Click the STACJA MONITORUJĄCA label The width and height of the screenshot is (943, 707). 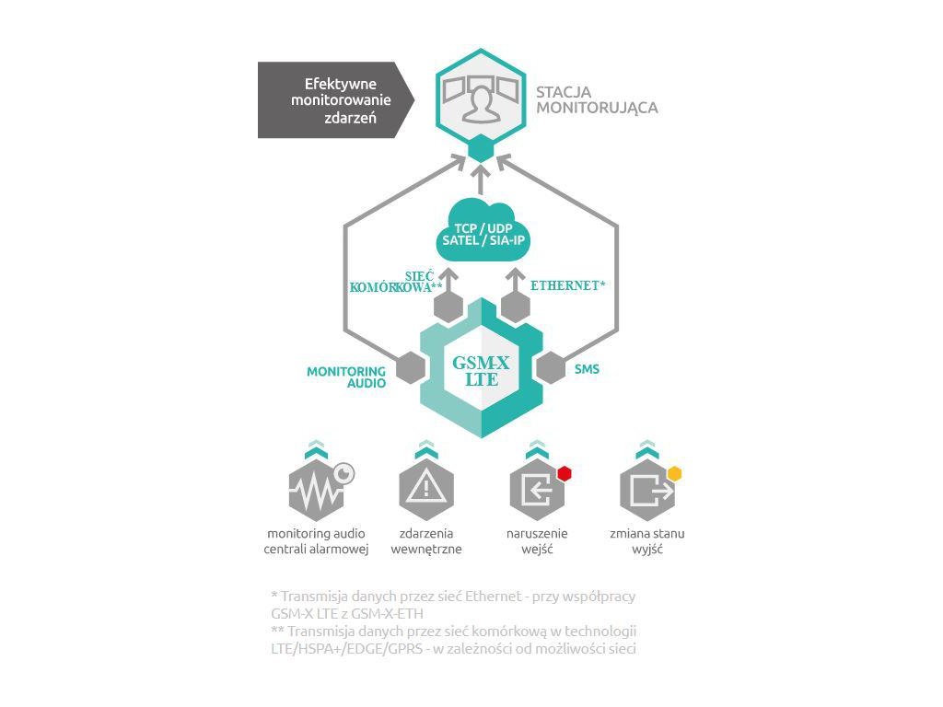pos(596,99)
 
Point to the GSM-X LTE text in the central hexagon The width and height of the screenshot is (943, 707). pos(481,370)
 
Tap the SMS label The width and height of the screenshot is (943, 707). pos(587,369)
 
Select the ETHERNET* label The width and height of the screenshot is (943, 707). pos(567,286)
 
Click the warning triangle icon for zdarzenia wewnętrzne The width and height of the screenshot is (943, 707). pos(425,488)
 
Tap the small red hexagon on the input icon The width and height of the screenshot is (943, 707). pos(564,473)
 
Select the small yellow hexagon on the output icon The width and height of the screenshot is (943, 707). pos(674,473)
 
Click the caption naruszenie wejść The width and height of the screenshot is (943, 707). pos(537,541)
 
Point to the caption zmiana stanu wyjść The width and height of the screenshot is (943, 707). pos(646,541)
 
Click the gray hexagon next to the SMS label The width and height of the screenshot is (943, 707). pos(551,367)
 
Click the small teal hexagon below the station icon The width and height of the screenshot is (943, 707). pos(481,149)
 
